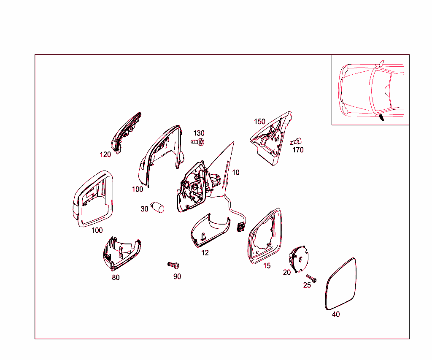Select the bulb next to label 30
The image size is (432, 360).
click(x=157, y=207)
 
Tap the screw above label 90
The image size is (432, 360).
click(x=173, y=265)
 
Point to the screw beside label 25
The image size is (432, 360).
click(x=311, y=279)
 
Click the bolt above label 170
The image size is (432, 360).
click(x=296, y=142)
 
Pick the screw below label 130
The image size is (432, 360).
click(x=197, y=142)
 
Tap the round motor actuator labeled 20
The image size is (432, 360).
click(x=298, y=259)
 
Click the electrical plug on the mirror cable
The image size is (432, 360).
click(x=240, y=227)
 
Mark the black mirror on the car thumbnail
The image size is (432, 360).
click(x=381, y=118)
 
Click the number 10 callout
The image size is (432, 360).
click(x=235, y=173)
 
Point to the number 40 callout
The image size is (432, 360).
click(x=336, y=314)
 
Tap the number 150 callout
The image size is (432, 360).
click(x=259, y=122)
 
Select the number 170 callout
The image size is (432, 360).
click(x=298, y=150)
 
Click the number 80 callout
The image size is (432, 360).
click(x=116, y=278)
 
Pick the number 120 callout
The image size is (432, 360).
click(x=105, y=154)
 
